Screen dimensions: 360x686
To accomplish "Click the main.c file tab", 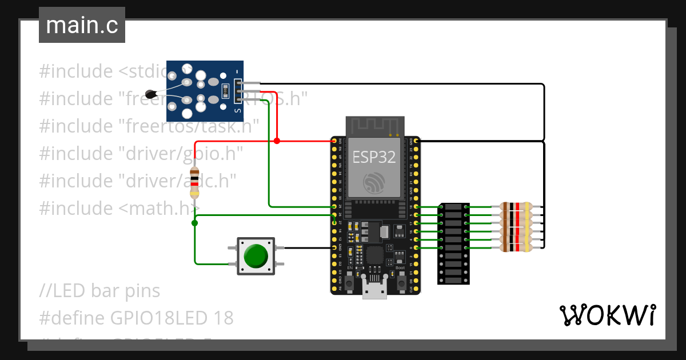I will click(x=82, y=26).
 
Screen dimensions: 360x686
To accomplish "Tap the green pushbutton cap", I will click(x=255, y=255).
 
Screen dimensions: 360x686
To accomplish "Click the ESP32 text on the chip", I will click(x=374, y=157).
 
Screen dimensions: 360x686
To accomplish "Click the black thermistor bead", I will click(x=151, y=94).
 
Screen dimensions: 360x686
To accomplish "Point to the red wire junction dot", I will click(x=277, y=141).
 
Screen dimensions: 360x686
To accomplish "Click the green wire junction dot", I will click(x=194, y=223).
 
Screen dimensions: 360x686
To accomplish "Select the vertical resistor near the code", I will click(x=195, y=183).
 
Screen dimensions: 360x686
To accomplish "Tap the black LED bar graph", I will click(x=454, y=243).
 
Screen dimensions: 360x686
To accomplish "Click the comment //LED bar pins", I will click(x=100, y=291).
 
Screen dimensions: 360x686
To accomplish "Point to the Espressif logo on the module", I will click(x=375, y=183).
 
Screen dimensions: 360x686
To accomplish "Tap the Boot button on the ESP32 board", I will click(x=401, y=281).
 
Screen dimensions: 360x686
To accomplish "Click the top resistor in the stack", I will click(x=516, y=207).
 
